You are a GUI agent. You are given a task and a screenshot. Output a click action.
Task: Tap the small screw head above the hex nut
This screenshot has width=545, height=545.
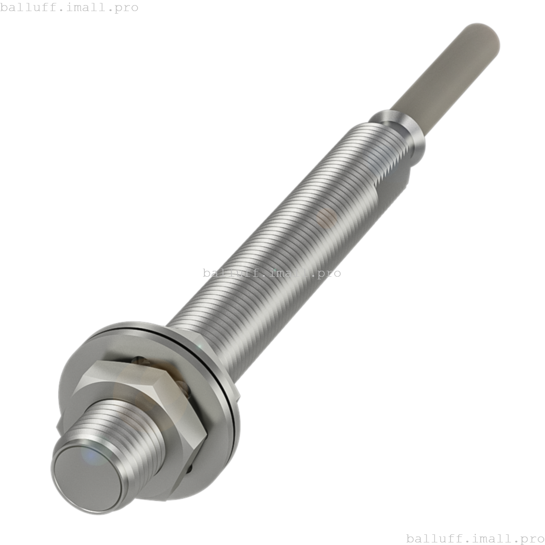pos(139,360)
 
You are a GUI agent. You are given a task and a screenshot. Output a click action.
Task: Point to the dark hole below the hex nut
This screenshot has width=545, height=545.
pos(189,468)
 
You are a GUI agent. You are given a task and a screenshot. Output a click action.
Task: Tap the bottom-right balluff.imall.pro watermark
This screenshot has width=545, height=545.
pos(475,539)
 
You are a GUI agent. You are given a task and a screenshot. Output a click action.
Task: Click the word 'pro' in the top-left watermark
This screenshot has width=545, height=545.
pos(126,7)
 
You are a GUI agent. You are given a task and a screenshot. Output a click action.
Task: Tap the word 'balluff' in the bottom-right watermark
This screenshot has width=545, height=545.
pos(430,539)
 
